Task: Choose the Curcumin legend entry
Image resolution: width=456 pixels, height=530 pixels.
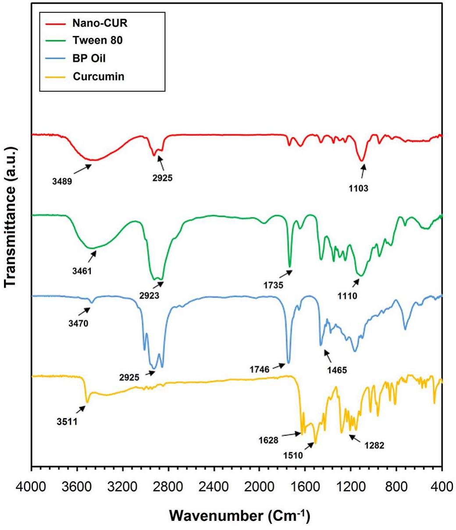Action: [x=92, y=77]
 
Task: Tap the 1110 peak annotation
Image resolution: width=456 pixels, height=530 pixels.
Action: [x=347, y=295]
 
